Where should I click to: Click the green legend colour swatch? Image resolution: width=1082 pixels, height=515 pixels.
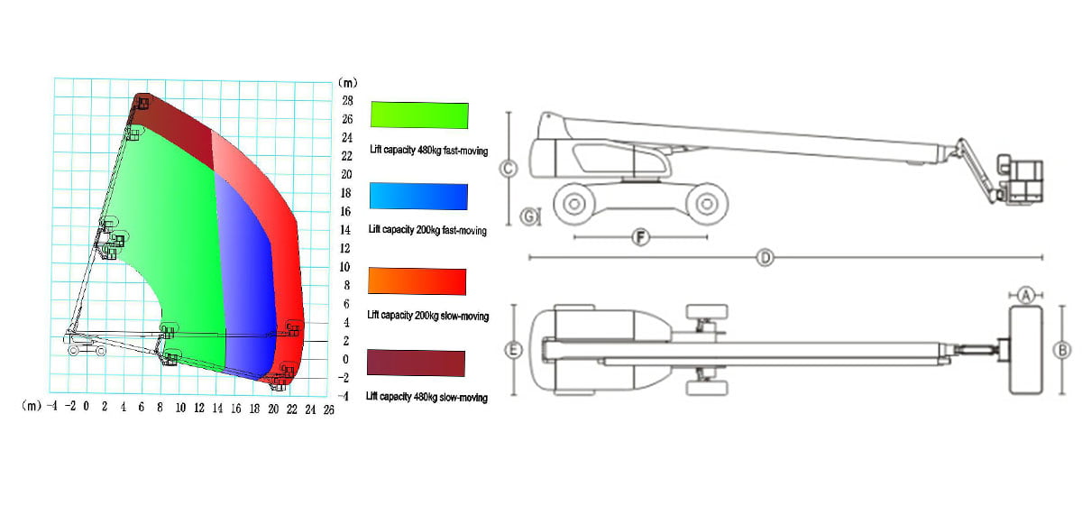click(x=419, y=115)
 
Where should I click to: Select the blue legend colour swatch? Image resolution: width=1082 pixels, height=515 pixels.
click(x=418, y=196)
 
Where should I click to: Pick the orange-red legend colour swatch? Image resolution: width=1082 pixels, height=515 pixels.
click(x=417, y=281)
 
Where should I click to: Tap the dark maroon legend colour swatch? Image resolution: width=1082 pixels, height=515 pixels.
click(x=416, y=363)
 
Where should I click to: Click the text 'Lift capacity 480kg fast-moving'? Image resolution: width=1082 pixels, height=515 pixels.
click(x=429, y=151)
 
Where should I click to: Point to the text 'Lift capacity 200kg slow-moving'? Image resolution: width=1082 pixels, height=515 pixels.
click(x=428, y=316)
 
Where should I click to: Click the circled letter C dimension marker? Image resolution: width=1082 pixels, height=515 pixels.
click(x=509, y=169)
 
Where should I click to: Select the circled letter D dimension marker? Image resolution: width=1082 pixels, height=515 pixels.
click(x=766, y=258)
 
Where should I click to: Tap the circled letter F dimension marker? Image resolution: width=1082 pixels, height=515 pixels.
click(x=641, y=237)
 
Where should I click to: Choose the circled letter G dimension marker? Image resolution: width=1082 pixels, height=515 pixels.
click(x=529, y=216)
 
